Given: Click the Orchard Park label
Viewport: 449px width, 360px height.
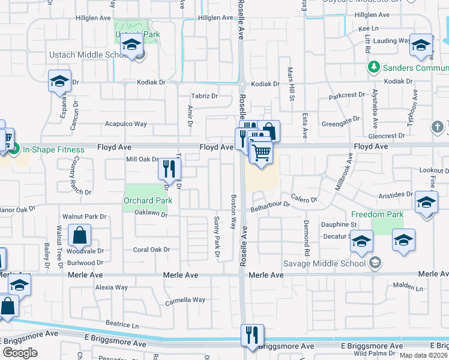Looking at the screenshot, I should pos(148,200).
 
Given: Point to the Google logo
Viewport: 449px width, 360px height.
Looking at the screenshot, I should pos(20,353).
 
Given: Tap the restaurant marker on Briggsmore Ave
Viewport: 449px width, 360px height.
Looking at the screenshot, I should pos(252,334).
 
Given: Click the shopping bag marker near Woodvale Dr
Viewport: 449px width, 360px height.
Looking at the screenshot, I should pos(79,235).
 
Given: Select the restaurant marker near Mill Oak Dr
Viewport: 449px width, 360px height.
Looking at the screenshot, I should pos(169,169).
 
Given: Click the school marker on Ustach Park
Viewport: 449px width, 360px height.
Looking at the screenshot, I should pos(131,44).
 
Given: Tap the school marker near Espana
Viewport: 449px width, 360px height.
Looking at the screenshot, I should pos(59,81).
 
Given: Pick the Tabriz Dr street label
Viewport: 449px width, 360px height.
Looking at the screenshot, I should pos(204,95).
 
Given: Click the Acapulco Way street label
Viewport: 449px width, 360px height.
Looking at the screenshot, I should pos(126,124).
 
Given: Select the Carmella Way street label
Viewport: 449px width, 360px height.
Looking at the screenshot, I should pos(185,300).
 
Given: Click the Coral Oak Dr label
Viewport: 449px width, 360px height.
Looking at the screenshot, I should pos(151,250).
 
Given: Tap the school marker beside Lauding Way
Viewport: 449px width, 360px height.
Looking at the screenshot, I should pos(421,46).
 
